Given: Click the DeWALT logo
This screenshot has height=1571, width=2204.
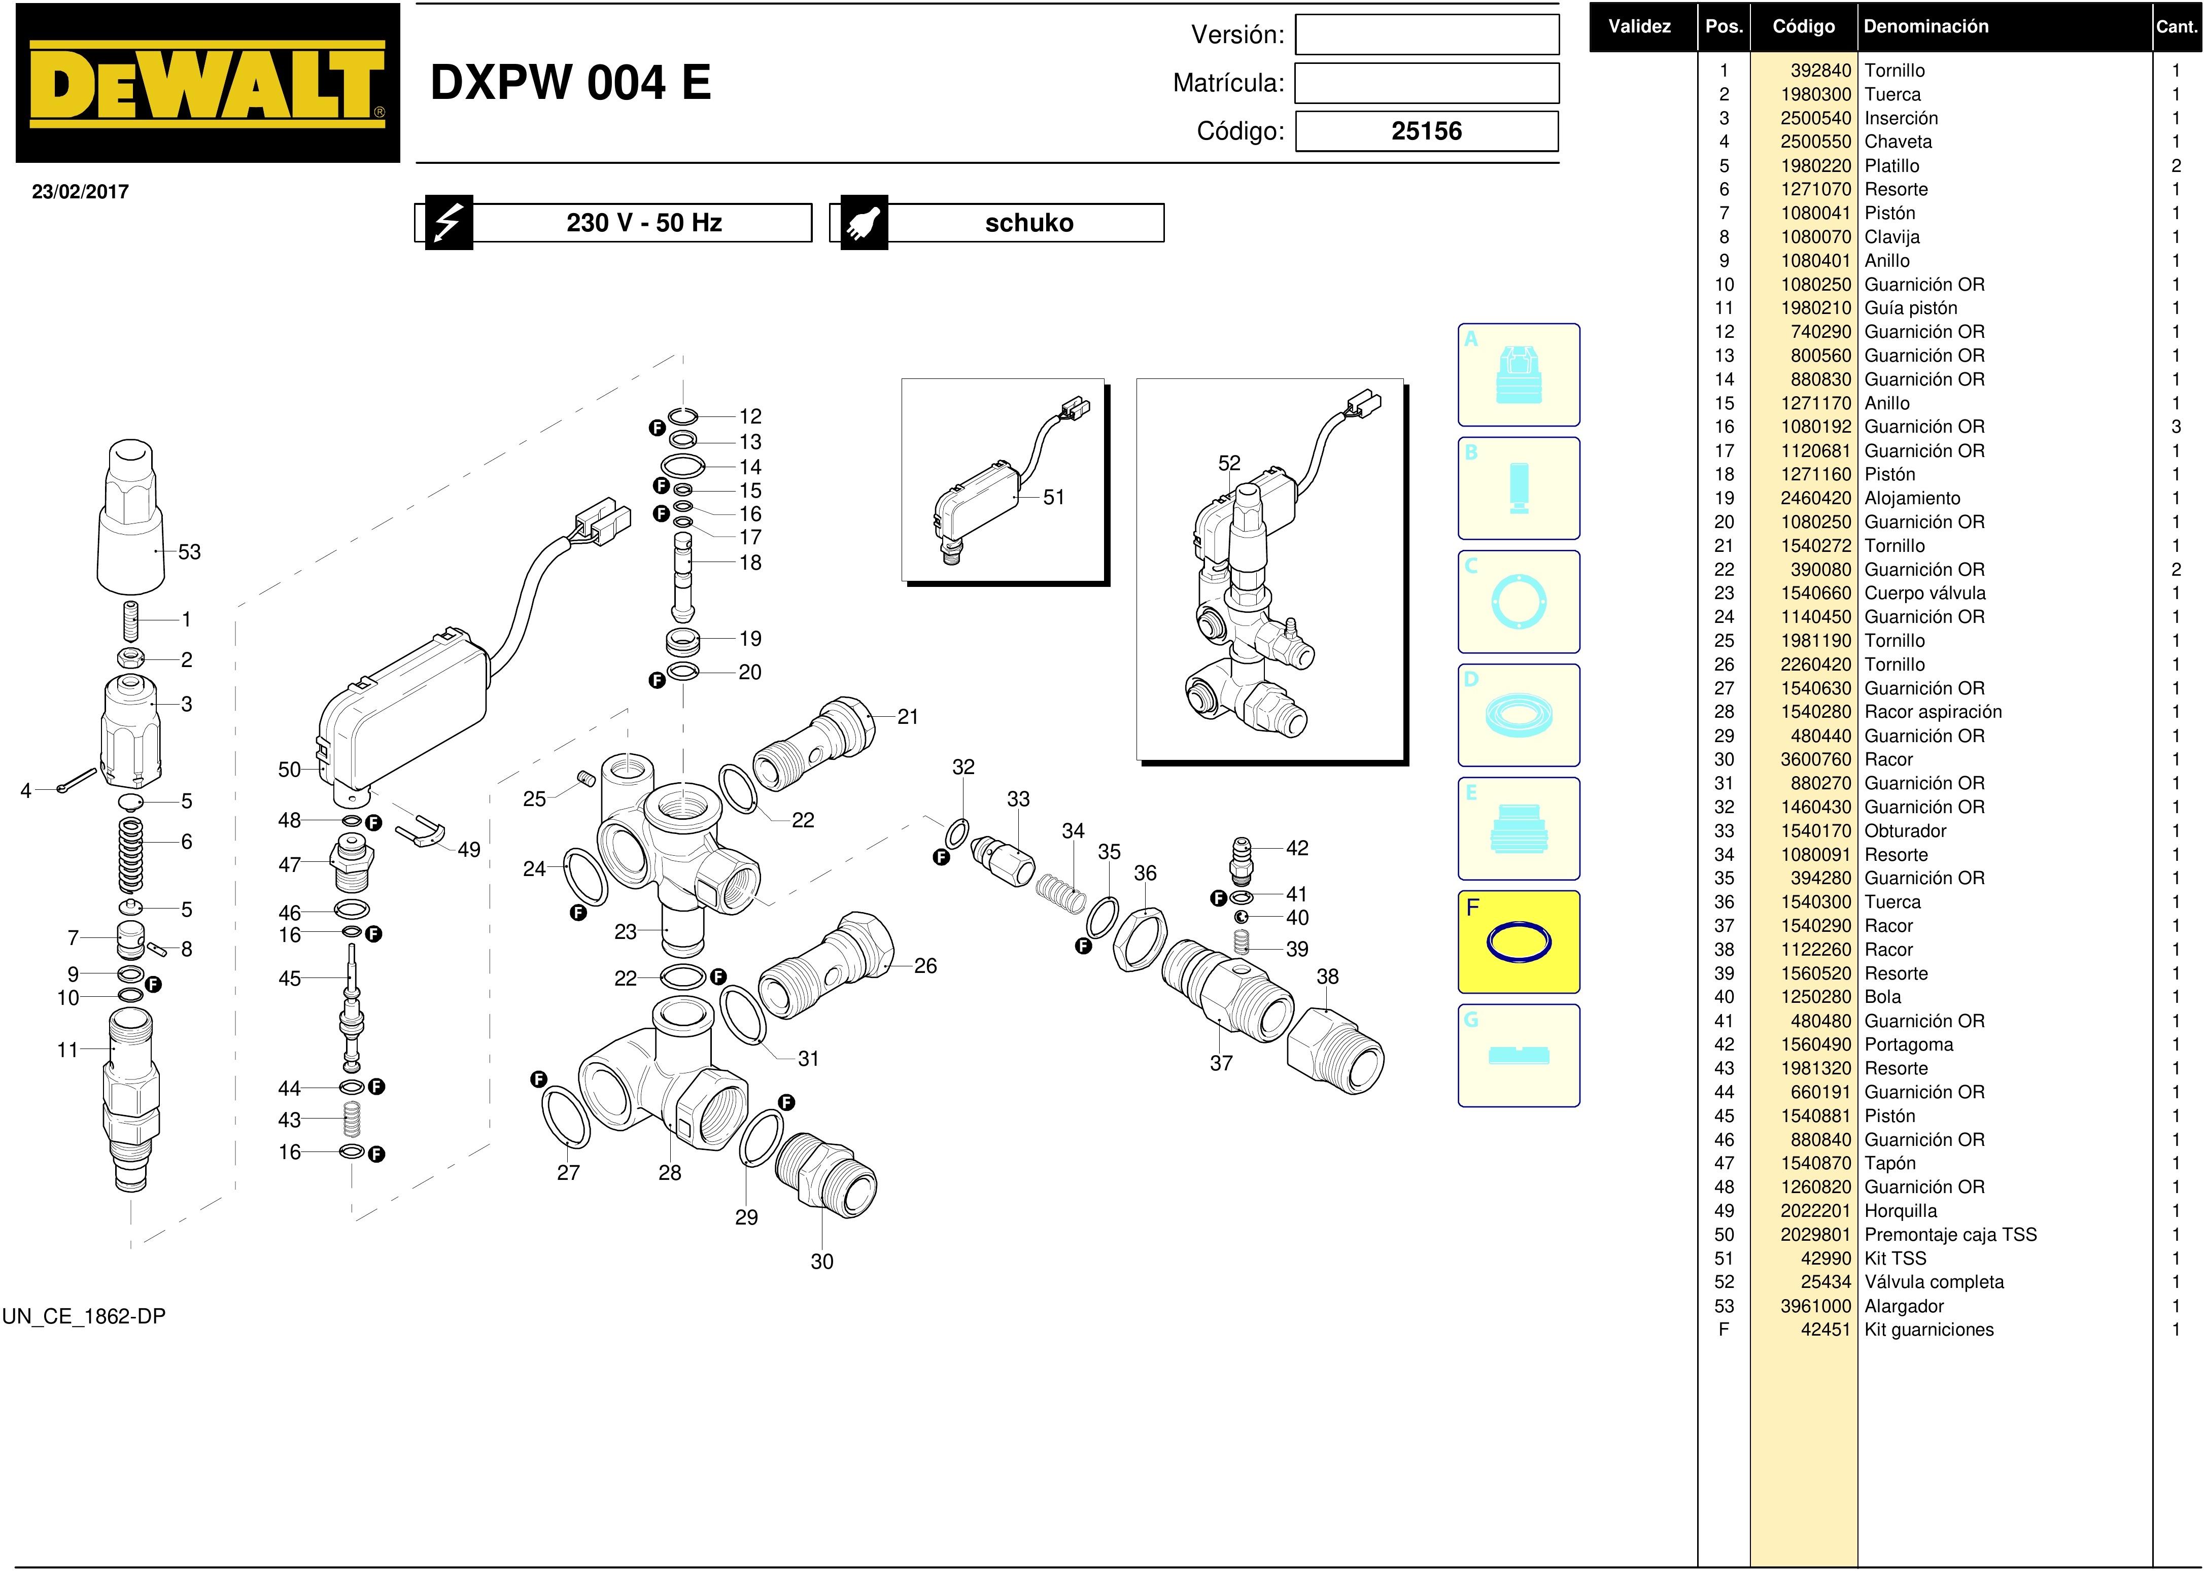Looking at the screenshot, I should click(x=207, y=83).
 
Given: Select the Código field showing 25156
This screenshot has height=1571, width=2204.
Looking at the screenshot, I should click(x=1426, y=131).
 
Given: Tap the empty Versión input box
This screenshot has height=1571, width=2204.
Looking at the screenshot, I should click(x=1426, y=35).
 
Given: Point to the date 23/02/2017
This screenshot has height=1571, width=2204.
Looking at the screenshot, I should click(x=80, y=192).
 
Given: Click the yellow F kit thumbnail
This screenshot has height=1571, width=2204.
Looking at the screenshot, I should click(x=1518, y=941).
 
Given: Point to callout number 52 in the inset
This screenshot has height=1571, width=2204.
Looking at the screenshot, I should click(x=1229, y=463).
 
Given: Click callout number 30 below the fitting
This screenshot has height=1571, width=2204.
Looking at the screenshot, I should click(x=821, y=1262).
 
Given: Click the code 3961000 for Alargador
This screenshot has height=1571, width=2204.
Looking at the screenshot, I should click(x=1815, y=1306).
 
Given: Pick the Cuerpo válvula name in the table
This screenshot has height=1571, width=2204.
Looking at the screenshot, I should click(x=1924, y=593).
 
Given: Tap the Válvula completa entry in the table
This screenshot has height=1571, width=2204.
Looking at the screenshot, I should click(x=1933, y=1282).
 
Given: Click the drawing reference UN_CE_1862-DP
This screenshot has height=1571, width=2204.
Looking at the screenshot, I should click(x=84, y=1316).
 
